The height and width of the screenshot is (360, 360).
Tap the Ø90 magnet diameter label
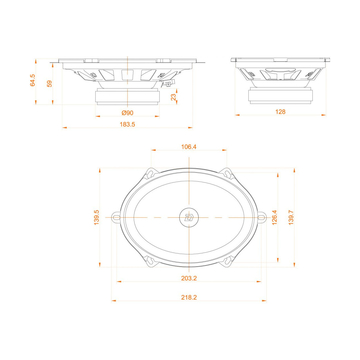tap(128, 112)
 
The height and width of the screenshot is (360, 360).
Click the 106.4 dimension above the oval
tap(188, 148)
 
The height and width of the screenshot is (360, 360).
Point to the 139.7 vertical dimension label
tap(291, 216)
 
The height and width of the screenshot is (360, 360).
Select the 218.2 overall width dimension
tap(188, 297)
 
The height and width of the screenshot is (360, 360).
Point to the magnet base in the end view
tap(279, 95)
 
